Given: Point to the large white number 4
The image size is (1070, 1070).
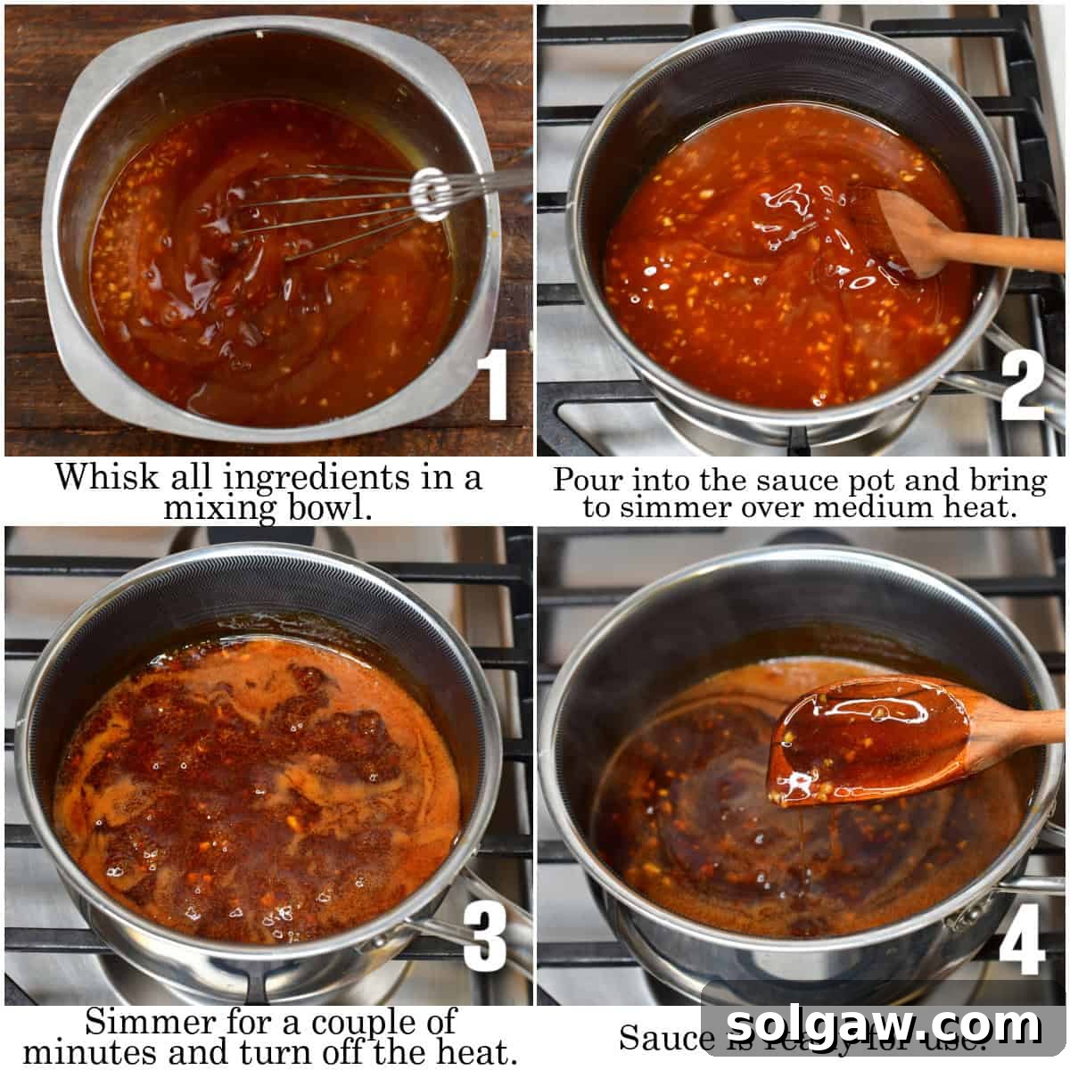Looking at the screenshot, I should (1021, 941).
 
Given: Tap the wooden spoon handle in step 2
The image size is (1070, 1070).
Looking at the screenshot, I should (999, 253).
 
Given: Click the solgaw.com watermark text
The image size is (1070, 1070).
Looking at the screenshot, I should (883, 1025).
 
